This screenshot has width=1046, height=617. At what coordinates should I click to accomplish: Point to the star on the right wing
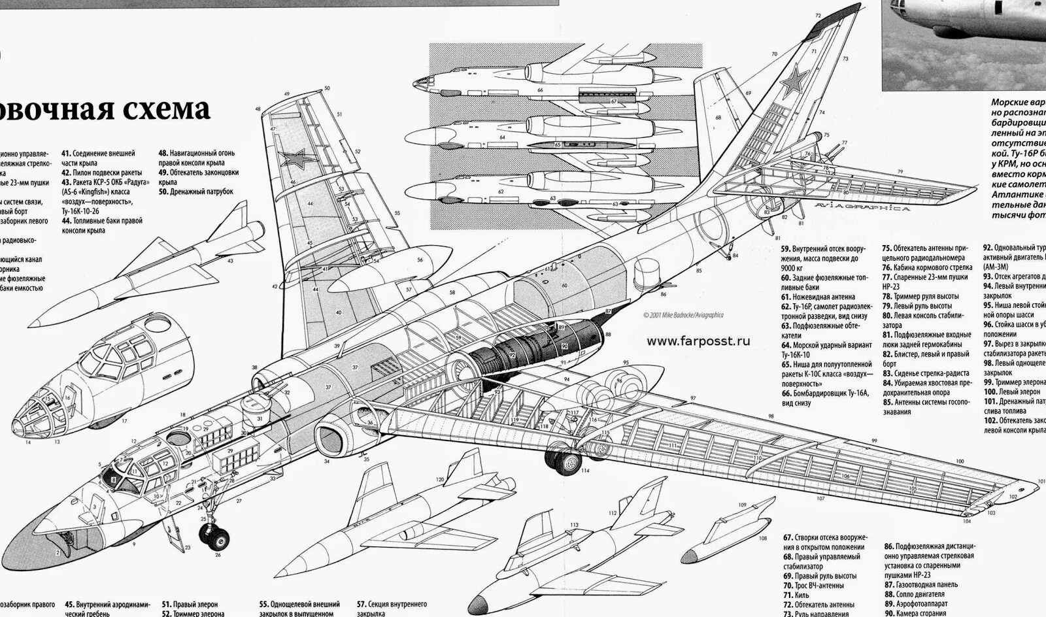pos(292,158)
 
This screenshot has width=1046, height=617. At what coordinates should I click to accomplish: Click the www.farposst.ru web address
pos(698,340)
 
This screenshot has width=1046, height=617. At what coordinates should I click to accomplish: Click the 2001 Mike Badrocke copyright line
pos(683,314)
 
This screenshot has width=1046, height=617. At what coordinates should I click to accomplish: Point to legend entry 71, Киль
pos(801,595)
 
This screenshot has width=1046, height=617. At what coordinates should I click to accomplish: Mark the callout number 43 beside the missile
pos(230,261)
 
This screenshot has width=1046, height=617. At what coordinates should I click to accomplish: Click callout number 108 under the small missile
pos(762,539)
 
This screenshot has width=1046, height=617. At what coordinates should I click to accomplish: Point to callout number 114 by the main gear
pos(584,471)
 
